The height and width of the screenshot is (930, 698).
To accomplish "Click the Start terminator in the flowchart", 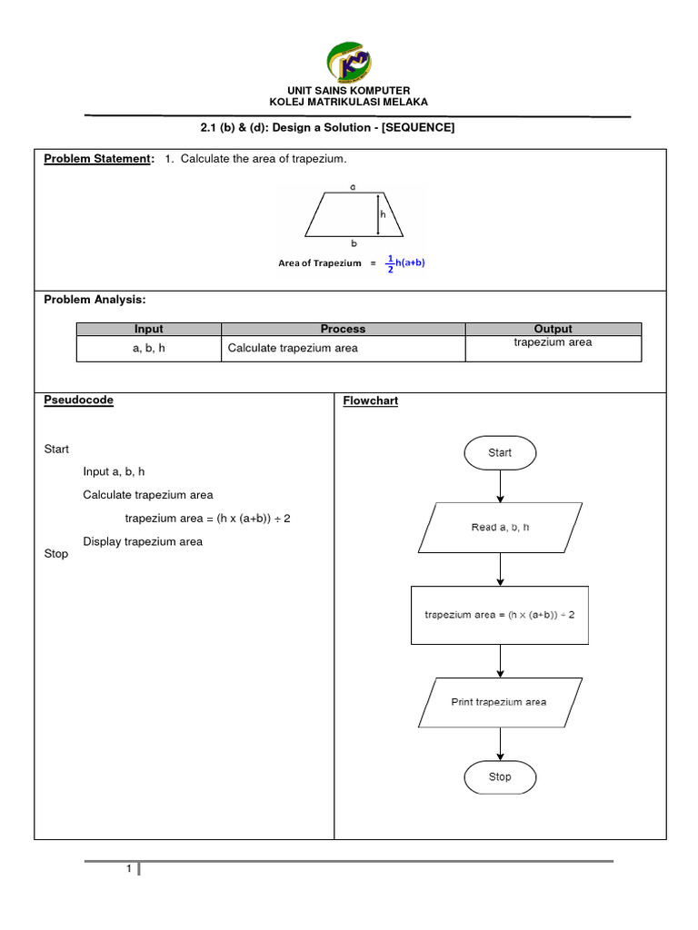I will coord(500,452).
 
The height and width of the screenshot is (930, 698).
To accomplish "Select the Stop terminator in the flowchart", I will coord(500,777).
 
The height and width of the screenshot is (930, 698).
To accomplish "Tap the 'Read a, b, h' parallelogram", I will coord(500,528).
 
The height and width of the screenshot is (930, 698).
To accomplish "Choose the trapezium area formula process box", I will coord(500,615).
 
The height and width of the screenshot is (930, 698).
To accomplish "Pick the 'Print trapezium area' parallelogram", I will coord(500,702).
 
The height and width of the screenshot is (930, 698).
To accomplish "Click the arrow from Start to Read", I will coord(500,487).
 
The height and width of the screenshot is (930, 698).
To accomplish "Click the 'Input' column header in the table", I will coord(149,329).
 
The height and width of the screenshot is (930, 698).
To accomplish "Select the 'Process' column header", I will coord(344,329).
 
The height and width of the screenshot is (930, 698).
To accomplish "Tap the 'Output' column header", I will coord(553,329).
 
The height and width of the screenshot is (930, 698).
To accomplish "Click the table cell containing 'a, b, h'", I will coord(149,348).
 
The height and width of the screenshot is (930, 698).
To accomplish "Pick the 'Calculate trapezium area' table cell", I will coord(293,348).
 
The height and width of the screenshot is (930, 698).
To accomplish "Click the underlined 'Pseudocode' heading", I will coord(79,400).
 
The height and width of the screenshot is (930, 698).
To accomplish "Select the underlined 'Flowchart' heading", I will coord(371,401).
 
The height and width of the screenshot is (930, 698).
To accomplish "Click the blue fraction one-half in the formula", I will coord(390,263).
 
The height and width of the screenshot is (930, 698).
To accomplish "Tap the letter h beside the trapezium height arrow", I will coord(384,215).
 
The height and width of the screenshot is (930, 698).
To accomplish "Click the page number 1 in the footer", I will coord(129,870).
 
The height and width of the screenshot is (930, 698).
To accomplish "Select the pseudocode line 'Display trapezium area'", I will coord(143,541).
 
